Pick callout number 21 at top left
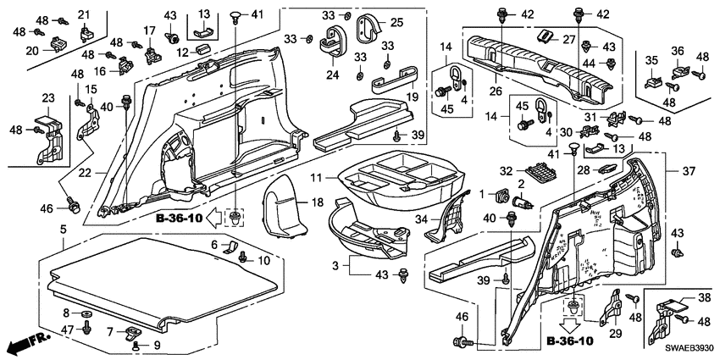coord(84,15)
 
